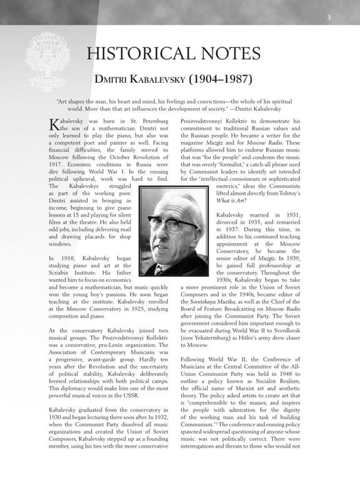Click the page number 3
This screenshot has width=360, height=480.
tap(348, 18)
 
